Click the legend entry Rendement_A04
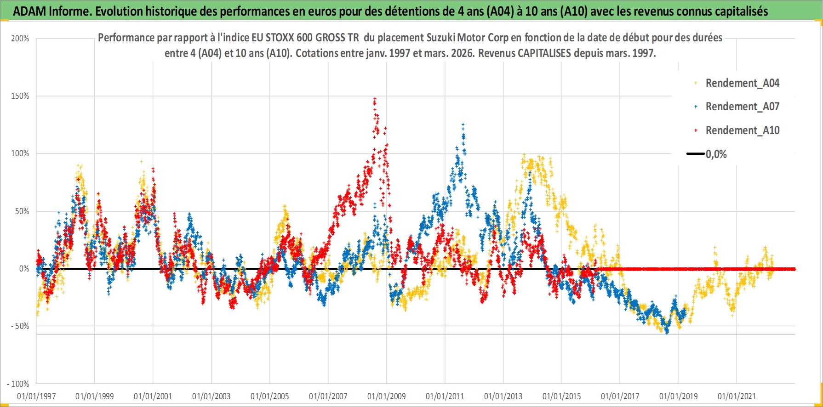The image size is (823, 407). [x=742, y=83]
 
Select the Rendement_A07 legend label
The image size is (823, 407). [x=742, y=107]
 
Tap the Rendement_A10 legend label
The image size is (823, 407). [x=742, y=130]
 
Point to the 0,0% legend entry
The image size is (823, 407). [x=716, y=154]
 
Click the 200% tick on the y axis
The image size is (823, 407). [x=20, y=39]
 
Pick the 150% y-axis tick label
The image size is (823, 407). [x=20, y=96]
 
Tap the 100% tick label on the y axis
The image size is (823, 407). [x=20, y=153]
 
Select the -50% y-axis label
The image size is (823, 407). [x=19, y=326]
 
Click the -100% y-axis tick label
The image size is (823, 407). [x=18, y=384]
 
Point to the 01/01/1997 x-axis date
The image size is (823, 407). [x=36, y=396]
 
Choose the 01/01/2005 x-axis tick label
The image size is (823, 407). [x=270, y=396]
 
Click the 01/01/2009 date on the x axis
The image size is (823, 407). [x=387, y=396]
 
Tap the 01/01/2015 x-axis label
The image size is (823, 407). [x=562, y=396]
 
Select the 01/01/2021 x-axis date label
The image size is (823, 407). [x=737, y=396]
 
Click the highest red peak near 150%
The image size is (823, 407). [x=375, y=98]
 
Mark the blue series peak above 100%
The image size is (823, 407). [x=463, y=124]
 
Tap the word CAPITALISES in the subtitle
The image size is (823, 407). [x=544, y=53]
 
